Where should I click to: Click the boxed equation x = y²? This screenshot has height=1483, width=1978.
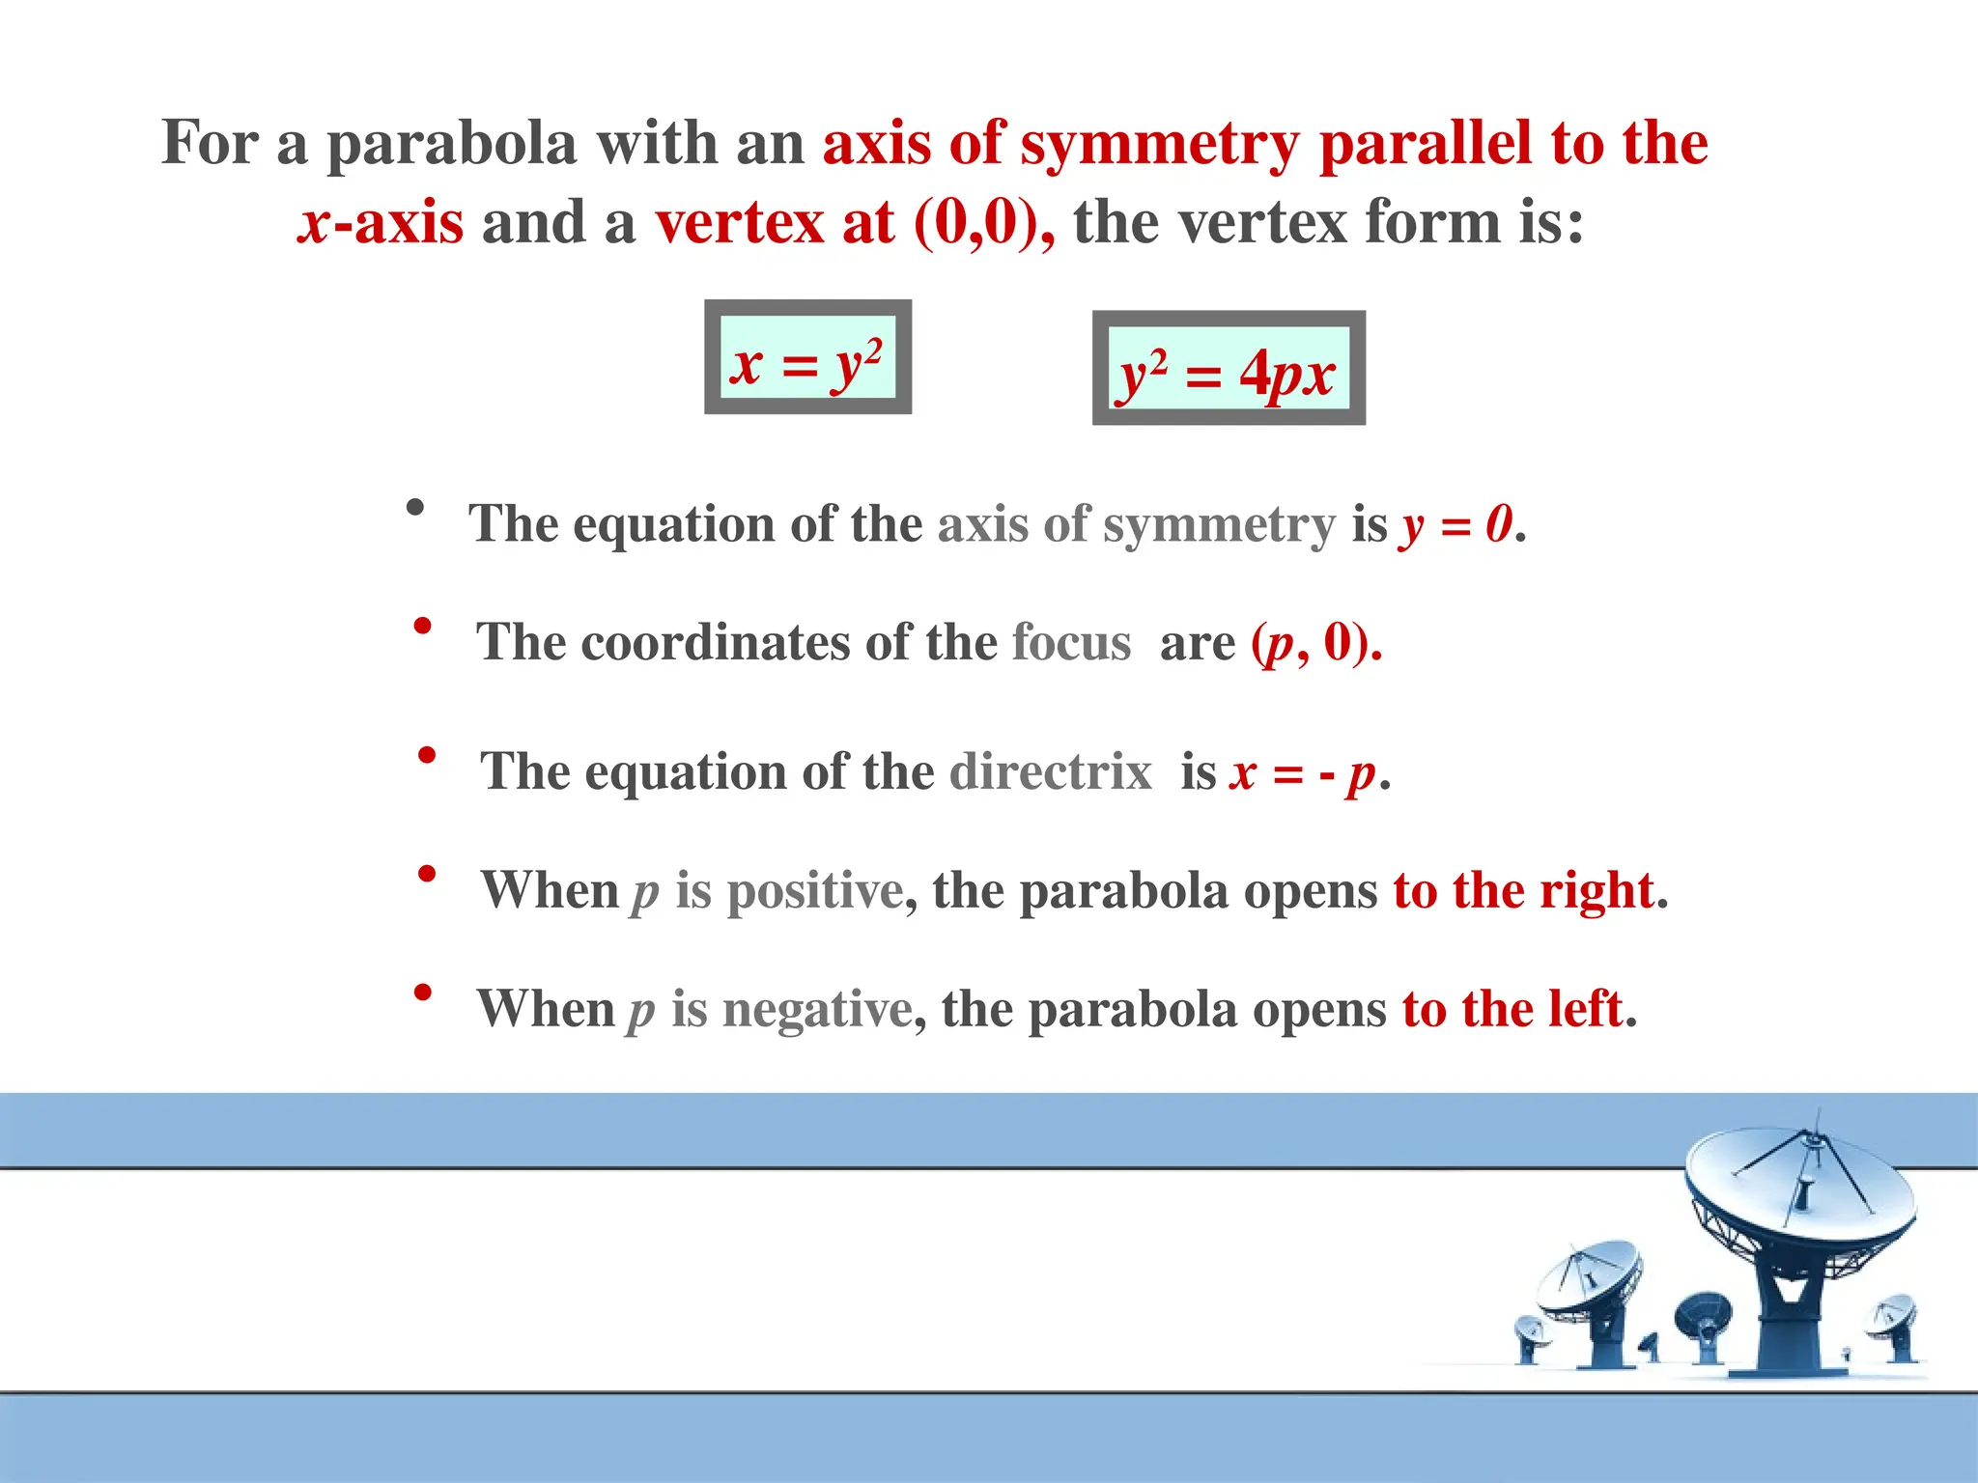click(807, 357)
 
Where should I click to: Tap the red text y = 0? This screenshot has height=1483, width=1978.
click(1457, 525)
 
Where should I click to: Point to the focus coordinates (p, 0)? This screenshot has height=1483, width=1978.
click(1316, 644)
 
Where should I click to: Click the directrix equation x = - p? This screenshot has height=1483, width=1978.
click(1304, 772)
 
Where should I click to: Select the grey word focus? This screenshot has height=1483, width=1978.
click(1071, 644)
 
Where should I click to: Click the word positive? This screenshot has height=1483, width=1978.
click(814, 890)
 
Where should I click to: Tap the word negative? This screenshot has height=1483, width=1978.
click(817, 1010)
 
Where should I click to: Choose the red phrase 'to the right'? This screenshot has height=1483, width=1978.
click(1523, 890)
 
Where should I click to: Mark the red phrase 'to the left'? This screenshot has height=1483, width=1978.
click(1512, 1010)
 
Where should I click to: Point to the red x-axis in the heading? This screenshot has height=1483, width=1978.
click(381, 224)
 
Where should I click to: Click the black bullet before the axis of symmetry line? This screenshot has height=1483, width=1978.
click(415, 508)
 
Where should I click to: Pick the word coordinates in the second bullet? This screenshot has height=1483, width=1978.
click(715, 644)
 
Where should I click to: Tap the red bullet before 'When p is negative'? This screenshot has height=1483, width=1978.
click(422, 993)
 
